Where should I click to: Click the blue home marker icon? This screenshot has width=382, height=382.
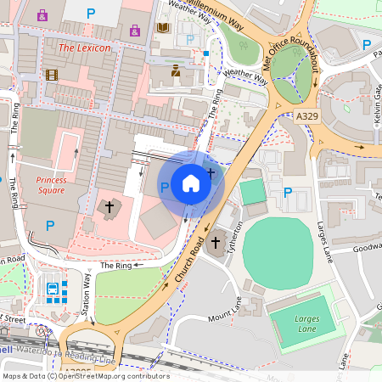pos(191,183)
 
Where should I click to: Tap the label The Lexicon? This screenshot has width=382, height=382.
pos(84,48)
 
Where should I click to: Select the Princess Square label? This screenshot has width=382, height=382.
pos(52,185)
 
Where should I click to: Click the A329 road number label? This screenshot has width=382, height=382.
pos(309,115)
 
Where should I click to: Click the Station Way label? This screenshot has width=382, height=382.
pos(86,298)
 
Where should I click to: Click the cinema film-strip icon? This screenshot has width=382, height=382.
pos(52,75)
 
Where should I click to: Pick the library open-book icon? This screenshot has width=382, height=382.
pos(163,28)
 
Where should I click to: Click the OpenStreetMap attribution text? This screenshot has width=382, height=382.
pos(85,376)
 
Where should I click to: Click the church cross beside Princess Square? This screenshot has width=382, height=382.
pos(107,206)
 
